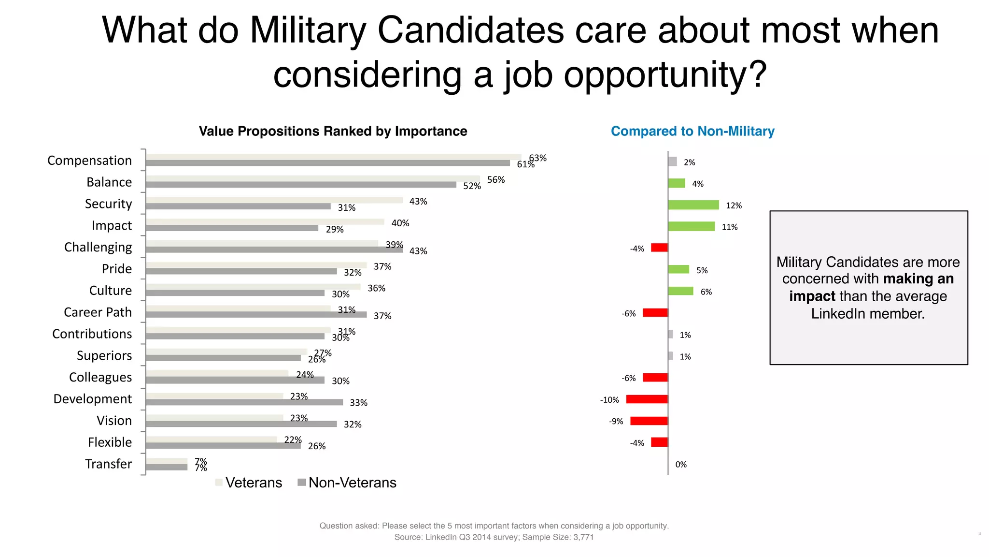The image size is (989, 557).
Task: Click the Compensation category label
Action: tap(89, 161)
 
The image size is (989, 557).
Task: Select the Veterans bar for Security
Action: tap(274, 200)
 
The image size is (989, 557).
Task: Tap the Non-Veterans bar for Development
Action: tap(244, 402)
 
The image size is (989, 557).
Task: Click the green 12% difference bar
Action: tap(693, 205)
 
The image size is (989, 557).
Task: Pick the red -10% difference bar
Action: tap(647, 399)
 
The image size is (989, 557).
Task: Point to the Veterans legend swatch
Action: tap(219, 483)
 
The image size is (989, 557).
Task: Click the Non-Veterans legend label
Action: tap(352, 483)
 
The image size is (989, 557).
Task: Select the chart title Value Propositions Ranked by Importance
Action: tap(333, 132)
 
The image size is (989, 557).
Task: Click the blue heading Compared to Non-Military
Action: tap(692, 132)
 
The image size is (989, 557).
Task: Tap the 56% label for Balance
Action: tap(495, 180)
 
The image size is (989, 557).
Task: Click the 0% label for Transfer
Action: tap(681, 465)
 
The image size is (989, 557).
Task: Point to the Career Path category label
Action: tap(98, 312)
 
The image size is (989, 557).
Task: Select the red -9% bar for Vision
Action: tap(649, 421)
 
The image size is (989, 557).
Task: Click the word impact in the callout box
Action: tap(812, 296)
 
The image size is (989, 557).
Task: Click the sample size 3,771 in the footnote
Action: tap(583, 537)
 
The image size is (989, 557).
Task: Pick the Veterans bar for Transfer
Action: tap(167, 461)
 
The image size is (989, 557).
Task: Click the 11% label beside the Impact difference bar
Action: tap(729, 227)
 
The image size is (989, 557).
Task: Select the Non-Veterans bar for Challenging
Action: tap(274, 250)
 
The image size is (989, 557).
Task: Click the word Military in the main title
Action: tap(308, 30)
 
